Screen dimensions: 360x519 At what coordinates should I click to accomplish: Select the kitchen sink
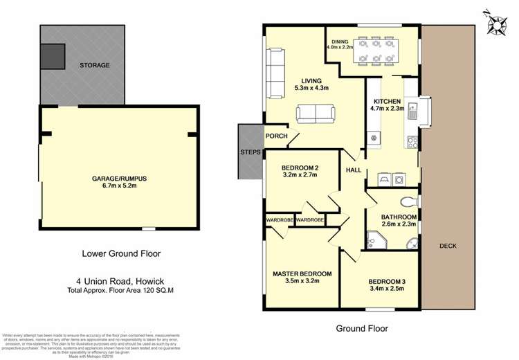412,111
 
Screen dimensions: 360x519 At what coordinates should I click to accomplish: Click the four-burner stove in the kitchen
412,143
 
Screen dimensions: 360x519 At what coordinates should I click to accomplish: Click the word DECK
448,245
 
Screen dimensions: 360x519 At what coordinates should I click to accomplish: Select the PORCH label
276,136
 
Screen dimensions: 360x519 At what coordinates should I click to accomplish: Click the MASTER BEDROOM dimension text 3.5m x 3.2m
299,282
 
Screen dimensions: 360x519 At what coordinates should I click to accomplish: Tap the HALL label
353,169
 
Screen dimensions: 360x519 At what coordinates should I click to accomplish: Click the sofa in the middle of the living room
315,112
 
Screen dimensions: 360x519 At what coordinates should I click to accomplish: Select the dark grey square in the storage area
53,56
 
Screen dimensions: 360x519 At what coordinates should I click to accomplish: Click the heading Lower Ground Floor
122,253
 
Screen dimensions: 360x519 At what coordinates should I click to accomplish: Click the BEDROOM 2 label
300,168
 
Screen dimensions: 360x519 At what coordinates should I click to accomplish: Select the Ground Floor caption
361,328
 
